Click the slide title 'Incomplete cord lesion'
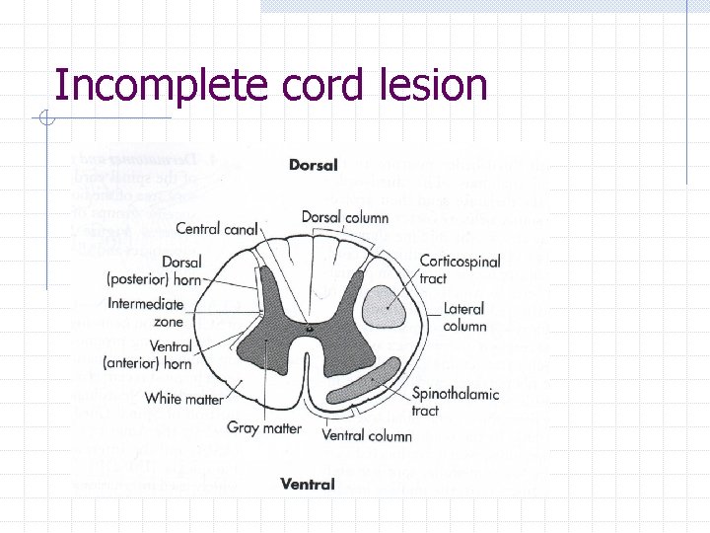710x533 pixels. point(271,85)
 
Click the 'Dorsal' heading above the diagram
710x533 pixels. point(313,165)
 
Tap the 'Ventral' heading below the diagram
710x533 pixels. point(308,484)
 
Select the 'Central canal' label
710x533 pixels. point(216,229)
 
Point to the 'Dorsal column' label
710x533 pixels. point(344,217)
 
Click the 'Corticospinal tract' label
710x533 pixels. point(460,269)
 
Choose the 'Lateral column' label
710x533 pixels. point(464,317)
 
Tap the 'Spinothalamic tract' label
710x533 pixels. point(456,402)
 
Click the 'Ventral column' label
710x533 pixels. point(367,435)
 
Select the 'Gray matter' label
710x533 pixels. point(264,428)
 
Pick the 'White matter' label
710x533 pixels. point(183,399)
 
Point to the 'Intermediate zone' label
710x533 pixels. point(146,313)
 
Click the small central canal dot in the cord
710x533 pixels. point(311,327)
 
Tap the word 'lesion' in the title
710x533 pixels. point(433,85)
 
